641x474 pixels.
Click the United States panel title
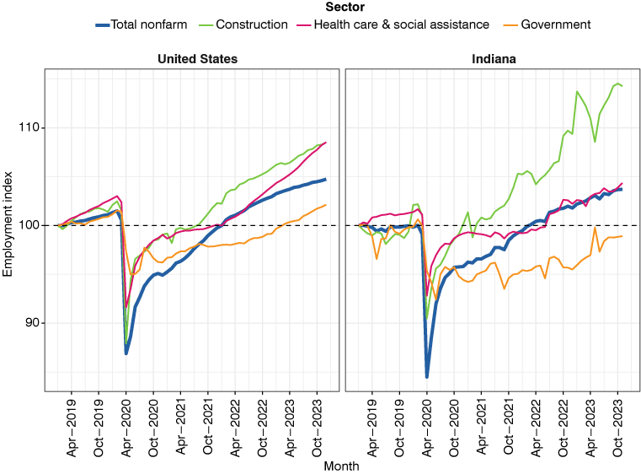[197, 59]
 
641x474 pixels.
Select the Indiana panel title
[493, 59]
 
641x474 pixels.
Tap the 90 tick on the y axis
[33, 323]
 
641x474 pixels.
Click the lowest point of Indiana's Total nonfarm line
[427, 377]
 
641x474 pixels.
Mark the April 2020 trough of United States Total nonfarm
[126, 353]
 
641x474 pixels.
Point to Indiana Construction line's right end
[622, 86]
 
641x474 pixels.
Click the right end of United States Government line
[326, 205]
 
